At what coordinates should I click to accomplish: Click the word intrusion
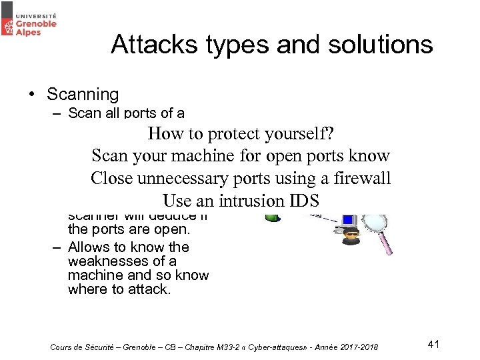click(241, 201)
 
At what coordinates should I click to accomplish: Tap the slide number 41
click(434, 344)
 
